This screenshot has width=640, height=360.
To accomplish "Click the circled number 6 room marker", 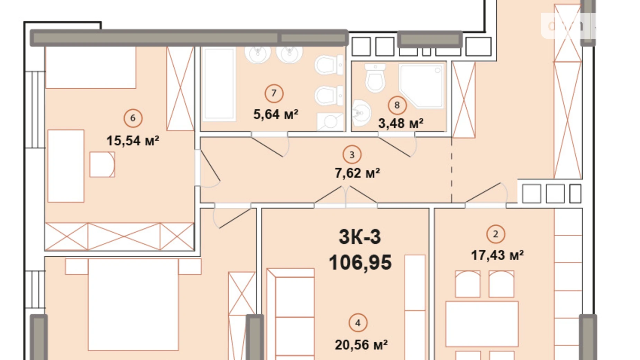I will (133, 118).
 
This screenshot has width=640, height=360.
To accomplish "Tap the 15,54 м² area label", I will (132, 141).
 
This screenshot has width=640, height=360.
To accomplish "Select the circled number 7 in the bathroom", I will (274, 93).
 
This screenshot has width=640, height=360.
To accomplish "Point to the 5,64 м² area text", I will (276, 114).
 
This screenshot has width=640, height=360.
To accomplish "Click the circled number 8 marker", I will (397, 105).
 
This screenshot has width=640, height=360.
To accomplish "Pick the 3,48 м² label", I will (401, 123).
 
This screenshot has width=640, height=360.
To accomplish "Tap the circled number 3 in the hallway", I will (352, 155).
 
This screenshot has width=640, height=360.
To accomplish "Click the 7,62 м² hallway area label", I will (357, 173).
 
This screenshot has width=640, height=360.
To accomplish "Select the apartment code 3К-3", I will (360, 237).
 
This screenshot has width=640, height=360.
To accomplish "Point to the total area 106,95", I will (360, 262).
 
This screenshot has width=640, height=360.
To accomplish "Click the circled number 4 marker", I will (358, 323).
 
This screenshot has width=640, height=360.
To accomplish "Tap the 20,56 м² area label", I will (361, 345).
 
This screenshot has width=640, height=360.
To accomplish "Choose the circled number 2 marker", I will (495, 234).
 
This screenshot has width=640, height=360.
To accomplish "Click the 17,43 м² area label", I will (497, 255).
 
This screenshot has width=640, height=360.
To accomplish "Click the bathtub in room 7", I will (219, 84).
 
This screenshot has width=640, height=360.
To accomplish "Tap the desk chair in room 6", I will (102, 165).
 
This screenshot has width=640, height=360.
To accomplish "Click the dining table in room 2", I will (482, 324).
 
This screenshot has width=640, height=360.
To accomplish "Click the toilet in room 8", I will (375, 78).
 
